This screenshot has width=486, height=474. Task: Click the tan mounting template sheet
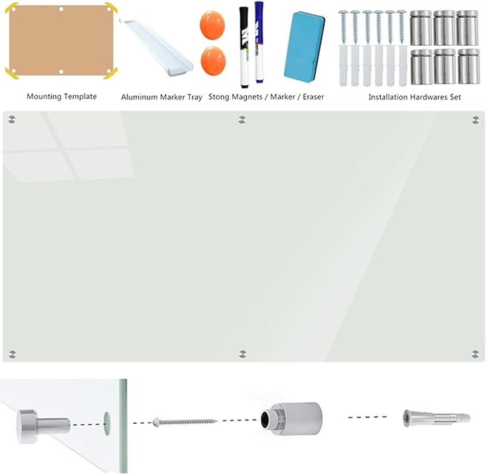pyautogui.click(x=62, y=40)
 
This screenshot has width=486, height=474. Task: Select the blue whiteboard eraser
pyautogui.click(x=304, y=46)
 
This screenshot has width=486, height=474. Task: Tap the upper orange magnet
pyautogui.click(x=213, y=25)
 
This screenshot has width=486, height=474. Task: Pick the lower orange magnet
pyautogui.click(x=213, y=61)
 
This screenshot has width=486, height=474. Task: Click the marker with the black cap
pyautogui.click(x=244, y=47)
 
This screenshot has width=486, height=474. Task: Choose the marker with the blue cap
pyautogui.click(x=259, y=42)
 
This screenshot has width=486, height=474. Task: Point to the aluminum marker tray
pyautogui.click(x=156, y=47)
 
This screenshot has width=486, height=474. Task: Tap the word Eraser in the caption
pyautogui.click(x=314, y=97)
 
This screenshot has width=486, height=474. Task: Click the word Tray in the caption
pyautogui.click(x=195, y=97)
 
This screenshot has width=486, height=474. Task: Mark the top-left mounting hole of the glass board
pyautogui.click(x=12, y=120)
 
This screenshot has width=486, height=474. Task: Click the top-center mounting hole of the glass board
pyautogui.click(x=242, y=120)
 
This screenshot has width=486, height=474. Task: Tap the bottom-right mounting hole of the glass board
pyautogui.click(x=475, y=354)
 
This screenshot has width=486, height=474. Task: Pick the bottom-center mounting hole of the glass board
pyautogui.click(x=243, y=354)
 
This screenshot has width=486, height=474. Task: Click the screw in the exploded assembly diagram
pyautogui.click(x=185, y=422)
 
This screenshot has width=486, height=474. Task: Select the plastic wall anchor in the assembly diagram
pyautogui.click(x=437, y=418)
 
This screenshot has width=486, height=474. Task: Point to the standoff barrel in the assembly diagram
pyautogui.click(x=291, y=419)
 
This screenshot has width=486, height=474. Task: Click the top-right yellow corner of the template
pyautogui.click(x=111, y=7)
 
